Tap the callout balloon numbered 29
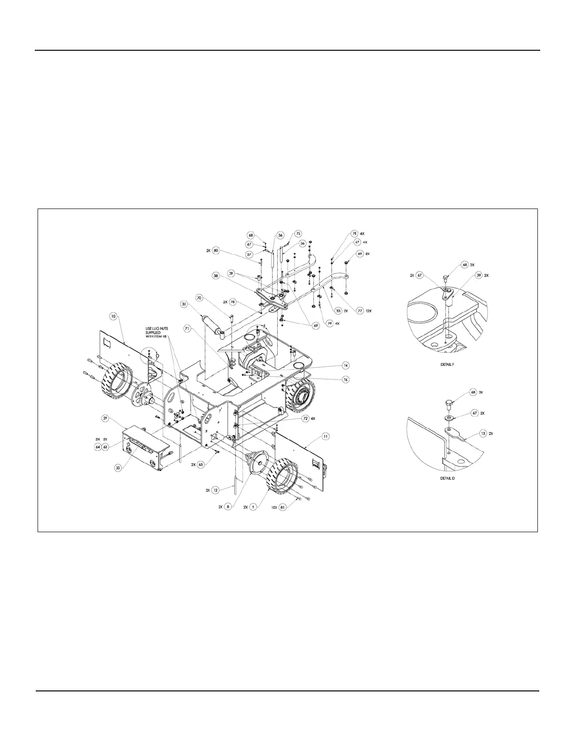click(105, 417)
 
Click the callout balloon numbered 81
click(295, 507)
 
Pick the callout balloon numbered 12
click(216, 490)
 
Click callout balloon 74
click(346, 365)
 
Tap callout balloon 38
click(216, 277)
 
